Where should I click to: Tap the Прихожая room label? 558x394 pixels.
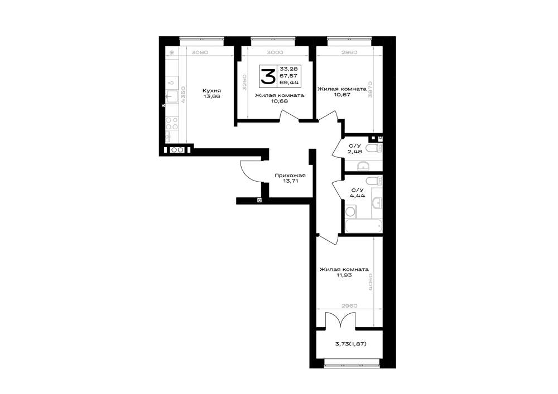click(290, 176)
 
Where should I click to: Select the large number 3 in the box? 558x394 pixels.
click(268, 76)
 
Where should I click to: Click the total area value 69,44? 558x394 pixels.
click(288, 82)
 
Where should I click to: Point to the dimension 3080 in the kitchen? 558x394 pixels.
click(199, 52)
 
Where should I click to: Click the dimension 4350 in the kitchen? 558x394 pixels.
click(183, 95)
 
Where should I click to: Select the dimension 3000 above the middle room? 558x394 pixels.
click(275, 52)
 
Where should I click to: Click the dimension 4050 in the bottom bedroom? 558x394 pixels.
click(371, 282)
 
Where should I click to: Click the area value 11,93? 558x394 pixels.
click(344, 275)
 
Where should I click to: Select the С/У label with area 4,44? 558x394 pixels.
click(357, 190)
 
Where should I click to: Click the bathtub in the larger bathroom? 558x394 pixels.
click(363, 226)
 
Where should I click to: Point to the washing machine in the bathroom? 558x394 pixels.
click(350, 212)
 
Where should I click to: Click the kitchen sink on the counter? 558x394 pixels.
click(172, 96)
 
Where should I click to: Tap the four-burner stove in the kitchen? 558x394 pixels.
click(172, 123)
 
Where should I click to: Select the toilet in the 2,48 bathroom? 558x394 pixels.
click(374, 148)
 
